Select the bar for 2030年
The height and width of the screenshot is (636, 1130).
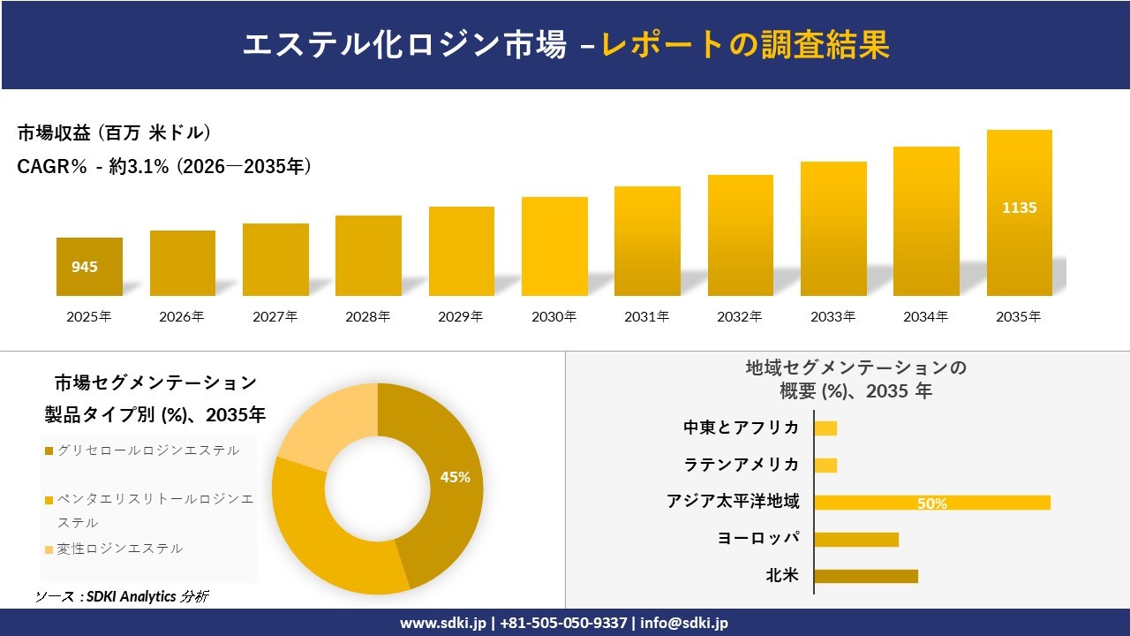tap(554, 246)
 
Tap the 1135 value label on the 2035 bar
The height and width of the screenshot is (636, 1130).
tap(1019, 208)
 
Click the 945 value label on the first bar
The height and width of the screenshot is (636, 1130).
tap(85, 267)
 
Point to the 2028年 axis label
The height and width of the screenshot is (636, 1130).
tap(367, 316)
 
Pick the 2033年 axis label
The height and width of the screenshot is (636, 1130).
tap(832, 316)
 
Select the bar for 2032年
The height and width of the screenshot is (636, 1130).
tap(740, 236)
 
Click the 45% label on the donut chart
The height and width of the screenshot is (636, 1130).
tap(455, 477)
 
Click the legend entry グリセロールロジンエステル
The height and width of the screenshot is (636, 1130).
tap(147, 450)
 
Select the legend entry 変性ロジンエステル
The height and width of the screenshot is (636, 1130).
tap(119, 549)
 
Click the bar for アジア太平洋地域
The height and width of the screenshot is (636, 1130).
tap(931, 503)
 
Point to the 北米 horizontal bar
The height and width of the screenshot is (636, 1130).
tap(865, 576)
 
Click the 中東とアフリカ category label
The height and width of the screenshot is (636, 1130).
tap(742, 428)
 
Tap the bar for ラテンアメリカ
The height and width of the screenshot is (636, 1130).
tap(825, 465)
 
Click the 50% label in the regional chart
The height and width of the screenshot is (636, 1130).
tap(931, 503)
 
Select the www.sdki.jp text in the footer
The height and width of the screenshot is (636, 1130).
tap(444, 623)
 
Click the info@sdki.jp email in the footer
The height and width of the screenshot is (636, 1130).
tap(684, 623)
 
